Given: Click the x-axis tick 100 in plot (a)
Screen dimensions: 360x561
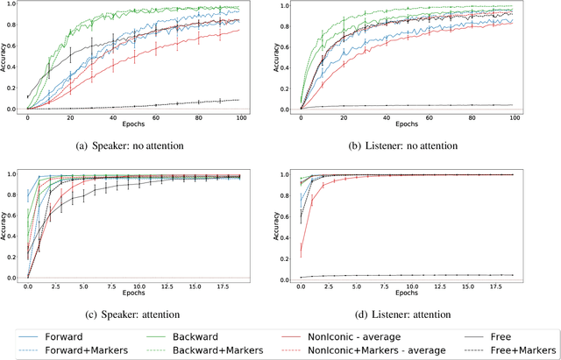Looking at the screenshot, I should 243,117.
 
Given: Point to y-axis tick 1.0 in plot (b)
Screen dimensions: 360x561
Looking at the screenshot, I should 286,5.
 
